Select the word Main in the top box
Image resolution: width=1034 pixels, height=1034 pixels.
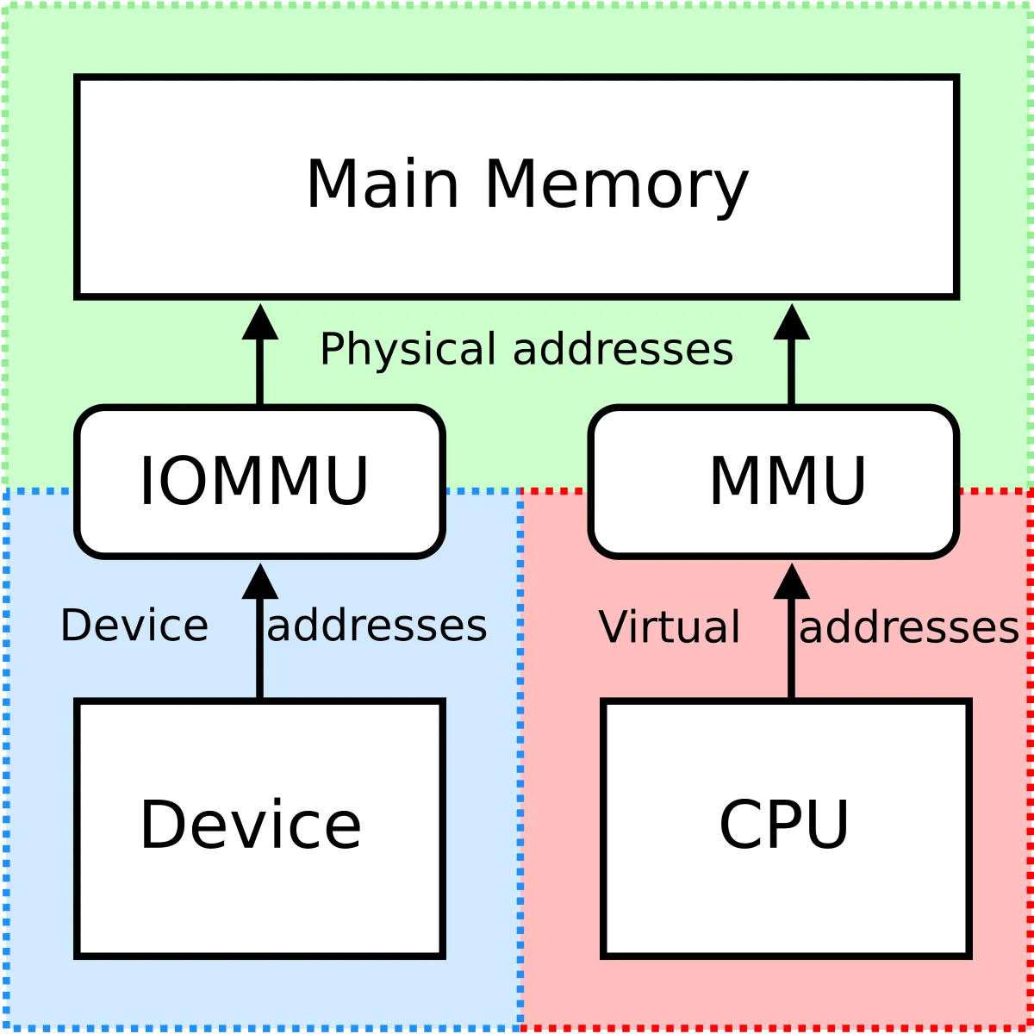point(383,184)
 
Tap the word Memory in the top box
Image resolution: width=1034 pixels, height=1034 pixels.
point(616,185)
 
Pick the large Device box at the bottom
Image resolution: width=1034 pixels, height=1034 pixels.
point(259,896)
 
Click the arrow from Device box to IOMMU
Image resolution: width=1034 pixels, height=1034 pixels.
point(260,655)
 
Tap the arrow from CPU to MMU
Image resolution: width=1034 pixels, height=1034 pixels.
point(792,655)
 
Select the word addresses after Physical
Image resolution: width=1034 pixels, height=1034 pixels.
point(623,350)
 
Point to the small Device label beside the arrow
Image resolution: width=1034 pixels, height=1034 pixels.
point(134,626)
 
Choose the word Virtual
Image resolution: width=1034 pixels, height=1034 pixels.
point(670,627)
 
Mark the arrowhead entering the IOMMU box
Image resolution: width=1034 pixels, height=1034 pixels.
point(260,582)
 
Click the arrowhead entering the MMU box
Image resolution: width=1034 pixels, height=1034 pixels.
point(792,582)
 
